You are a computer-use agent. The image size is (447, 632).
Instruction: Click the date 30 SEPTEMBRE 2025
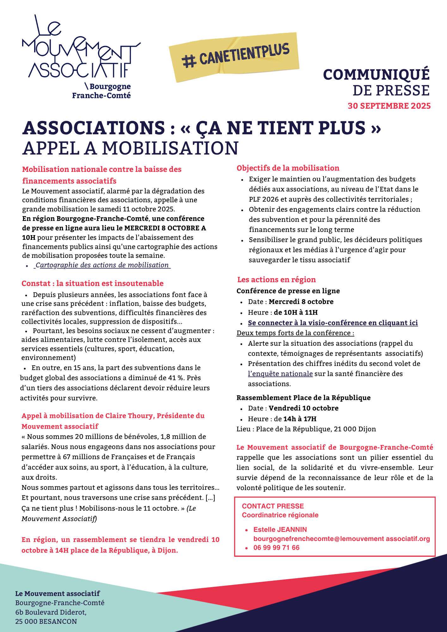389,106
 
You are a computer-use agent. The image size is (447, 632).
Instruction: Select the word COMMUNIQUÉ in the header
376,75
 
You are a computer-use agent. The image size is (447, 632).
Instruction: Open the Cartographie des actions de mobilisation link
102,265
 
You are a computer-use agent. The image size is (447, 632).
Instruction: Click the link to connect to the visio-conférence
333,323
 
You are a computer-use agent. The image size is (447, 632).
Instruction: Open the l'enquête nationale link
280,374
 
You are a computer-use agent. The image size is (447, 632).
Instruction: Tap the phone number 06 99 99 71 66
276,548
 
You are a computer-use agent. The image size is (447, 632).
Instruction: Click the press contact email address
341,539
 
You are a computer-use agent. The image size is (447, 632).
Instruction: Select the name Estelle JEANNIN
280,530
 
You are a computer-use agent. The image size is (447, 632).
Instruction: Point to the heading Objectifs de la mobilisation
288,168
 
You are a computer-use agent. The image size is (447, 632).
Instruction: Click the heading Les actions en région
277,280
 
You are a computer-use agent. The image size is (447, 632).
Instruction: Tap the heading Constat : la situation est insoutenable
93,283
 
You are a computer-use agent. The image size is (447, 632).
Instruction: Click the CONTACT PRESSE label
273,506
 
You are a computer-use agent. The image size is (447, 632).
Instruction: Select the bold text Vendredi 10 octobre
303,408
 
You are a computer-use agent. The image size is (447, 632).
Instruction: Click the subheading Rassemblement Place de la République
303,398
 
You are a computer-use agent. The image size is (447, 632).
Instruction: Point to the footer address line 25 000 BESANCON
46,621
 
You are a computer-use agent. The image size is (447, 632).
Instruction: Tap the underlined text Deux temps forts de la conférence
295,333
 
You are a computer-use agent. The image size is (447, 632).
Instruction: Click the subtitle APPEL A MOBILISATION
130,148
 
